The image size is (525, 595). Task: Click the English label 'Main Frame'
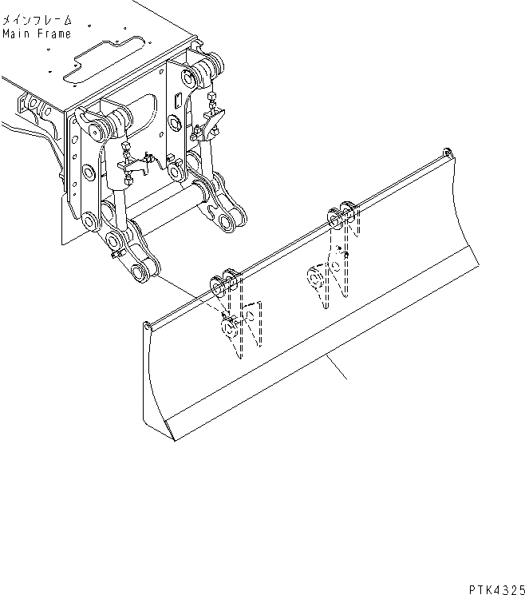36,34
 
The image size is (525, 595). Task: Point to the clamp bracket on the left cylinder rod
133,165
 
